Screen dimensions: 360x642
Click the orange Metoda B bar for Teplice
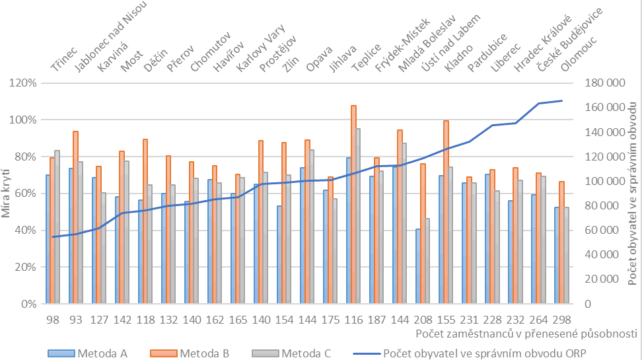pos(353,204)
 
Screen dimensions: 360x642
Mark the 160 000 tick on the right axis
pos(606,108)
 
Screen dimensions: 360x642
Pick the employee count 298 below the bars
pos(561,318)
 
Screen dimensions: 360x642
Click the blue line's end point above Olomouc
pos(562,100)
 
